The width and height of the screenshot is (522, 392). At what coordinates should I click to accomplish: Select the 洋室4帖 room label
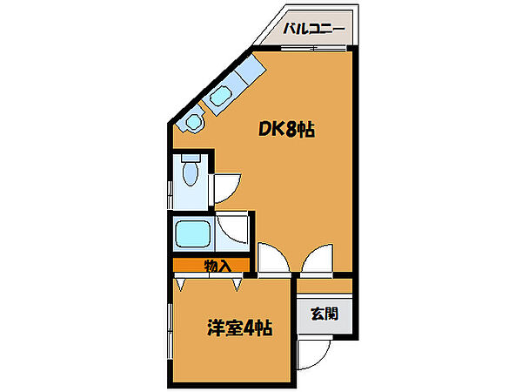click(239, 329)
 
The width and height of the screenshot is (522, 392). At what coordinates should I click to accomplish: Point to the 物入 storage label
click(217, 267)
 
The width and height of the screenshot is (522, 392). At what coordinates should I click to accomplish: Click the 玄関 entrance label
click(325, 314)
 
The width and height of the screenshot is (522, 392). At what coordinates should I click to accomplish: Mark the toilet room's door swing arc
click(228, 185)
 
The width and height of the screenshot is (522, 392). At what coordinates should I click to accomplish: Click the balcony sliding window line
click(313, 50)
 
